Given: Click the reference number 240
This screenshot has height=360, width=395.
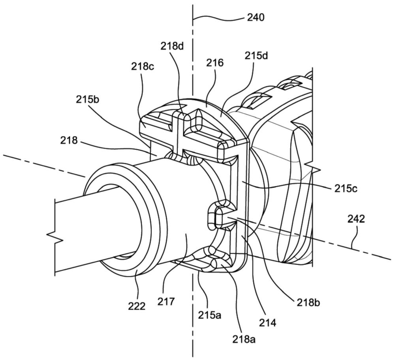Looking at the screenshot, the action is click(256, 17).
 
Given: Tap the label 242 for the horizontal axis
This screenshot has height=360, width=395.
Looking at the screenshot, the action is click(356, 219).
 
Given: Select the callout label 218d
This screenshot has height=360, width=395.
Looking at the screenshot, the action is click(173, 46).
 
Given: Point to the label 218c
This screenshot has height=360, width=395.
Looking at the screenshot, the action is click(143, 66).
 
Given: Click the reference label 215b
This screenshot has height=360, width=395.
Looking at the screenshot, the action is click(87, 100).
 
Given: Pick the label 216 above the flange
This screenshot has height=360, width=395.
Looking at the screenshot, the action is click(215, 63).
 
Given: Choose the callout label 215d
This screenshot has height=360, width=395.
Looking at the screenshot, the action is click(256, 56).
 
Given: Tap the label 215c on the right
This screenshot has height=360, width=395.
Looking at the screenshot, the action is click(346, 188).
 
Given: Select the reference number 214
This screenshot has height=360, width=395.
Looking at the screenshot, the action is click(268, 322).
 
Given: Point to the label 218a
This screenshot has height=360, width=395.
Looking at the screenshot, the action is click(244, 339).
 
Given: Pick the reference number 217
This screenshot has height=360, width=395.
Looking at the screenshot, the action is click(166, 301).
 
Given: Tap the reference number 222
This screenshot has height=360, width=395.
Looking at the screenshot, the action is click(137, 306).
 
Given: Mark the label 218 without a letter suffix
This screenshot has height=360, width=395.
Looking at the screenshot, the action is click(69, 140).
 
